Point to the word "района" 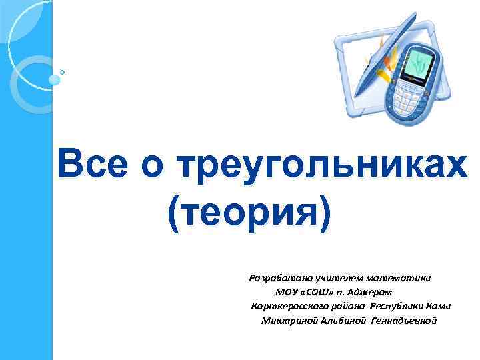coord(348,306)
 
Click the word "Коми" coord(441,306)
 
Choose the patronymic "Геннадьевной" coord(404,321)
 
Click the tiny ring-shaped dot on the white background coord(62,71)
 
